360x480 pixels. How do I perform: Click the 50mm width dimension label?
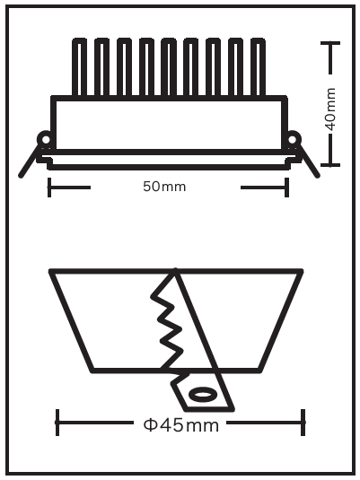164,187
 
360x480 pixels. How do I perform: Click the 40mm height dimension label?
330,109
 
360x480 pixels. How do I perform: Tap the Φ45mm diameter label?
181,425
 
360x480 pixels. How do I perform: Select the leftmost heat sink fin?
79,67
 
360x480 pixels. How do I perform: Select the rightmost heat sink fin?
258,67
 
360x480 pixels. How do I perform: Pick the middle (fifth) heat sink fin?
169,67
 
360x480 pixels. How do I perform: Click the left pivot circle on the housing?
45,140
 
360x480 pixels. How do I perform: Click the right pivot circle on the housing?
293,140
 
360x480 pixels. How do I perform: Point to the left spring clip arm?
31,161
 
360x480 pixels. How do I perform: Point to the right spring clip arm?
308,161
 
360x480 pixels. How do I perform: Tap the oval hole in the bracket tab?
201,394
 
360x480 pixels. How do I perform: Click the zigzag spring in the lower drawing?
168,321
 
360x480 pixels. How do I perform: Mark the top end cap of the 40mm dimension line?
330,43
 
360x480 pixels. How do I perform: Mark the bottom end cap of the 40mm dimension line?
330,165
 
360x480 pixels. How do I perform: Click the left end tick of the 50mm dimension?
49,187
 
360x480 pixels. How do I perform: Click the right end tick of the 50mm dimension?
286,187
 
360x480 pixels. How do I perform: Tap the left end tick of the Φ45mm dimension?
57,423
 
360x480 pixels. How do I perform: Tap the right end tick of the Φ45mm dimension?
303,423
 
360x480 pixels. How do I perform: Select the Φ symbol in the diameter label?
150,425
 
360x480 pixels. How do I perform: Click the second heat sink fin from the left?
101,67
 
